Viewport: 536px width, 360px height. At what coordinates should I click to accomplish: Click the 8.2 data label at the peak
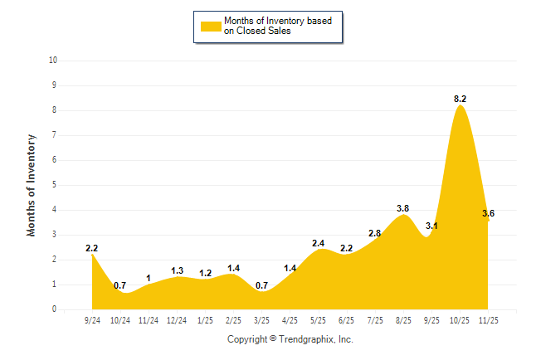click(460, 99)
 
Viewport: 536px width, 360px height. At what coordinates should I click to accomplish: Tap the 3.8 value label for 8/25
click(403, 208)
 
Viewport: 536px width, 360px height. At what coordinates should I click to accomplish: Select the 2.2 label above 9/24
click(92, 248)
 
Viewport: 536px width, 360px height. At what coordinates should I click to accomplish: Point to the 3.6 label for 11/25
click(488, 214)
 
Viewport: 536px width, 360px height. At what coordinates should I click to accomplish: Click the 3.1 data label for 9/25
click(431, 226)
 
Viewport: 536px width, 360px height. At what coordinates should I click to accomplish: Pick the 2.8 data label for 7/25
click(375, 234)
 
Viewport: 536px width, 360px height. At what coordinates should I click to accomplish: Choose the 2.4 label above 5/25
click(319, 243)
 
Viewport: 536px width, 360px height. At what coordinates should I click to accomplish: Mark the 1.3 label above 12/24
click(177, 270)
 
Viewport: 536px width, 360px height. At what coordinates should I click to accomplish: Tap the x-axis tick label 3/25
click(262, 319)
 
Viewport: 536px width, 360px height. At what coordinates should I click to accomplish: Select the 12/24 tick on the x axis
click(177, 319)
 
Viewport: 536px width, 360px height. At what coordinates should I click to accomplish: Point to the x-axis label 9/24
click(92, 319)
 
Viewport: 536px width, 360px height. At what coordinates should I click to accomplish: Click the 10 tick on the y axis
click(53, 61)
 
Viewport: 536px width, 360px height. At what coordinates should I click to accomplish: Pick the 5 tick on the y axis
click(55, 185)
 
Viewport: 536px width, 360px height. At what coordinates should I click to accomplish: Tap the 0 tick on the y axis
click(55, 309)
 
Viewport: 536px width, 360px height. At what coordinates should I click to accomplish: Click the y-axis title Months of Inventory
click(32, 185)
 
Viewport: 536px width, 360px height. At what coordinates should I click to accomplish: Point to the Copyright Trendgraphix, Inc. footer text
click(290, 339)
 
